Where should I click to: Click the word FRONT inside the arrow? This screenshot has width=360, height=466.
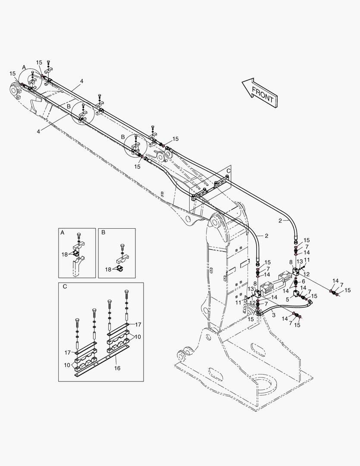pos(263,95)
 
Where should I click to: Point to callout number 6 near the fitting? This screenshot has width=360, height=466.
pos(303,281)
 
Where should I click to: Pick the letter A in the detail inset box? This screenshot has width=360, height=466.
pos(63,232)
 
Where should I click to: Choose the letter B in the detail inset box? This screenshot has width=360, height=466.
pos(103,232)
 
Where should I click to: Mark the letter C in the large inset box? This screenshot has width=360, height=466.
pos(65,286)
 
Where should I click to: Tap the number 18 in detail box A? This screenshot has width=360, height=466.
pos(64,255)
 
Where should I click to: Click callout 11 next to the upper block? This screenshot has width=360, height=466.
pos(307,260)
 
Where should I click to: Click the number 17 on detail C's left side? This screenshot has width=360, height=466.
pos(67,353)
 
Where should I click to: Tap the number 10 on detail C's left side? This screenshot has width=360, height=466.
pos(67,365)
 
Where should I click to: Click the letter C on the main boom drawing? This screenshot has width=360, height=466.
pos(229,171)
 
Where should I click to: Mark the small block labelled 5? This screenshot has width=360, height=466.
pos(297,294)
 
